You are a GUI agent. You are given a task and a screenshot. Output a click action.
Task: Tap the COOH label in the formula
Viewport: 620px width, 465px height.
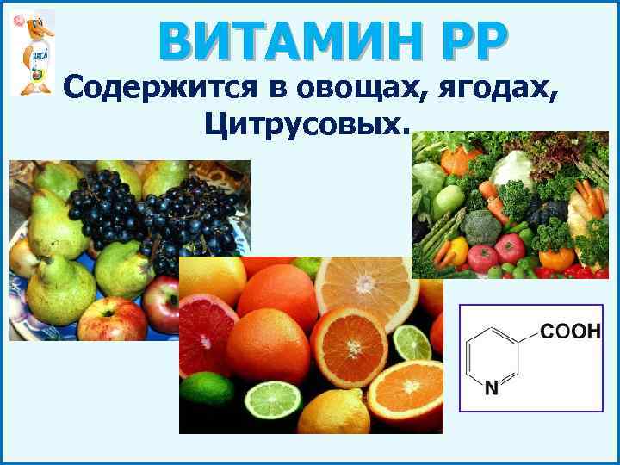568,332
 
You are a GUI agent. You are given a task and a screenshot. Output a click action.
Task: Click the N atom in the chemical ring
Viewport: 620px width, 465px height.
491,388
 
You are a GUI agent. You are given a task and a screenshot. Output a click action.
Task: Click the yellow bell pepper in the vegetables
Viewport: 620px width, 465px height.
456,249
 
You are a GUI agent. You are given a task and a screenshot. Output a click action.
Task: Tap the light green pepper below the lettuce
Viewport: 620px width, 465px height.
449,199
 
